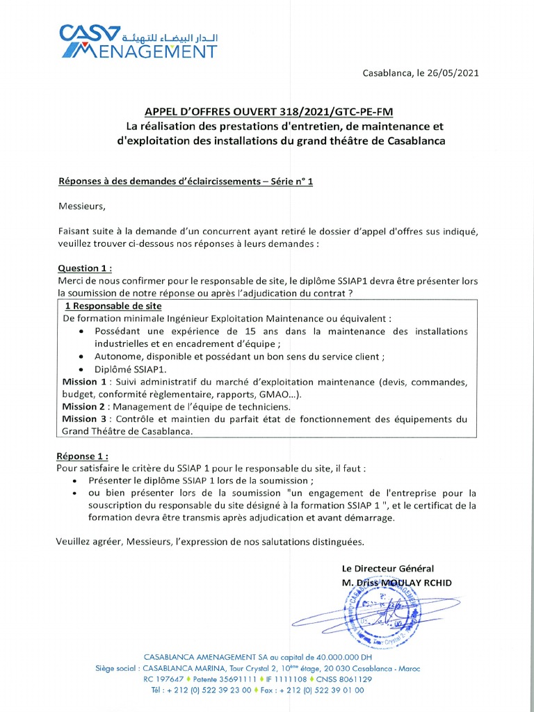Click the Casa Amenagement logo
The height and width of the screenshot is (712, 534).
[138, 41]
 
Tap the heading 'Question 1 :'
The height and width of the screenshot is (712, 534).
[84, 268]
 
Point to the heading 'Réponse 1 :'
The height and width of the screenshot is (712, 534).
[83, 456]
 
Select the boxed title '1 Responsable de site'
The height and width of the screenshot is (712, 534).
[113, 306]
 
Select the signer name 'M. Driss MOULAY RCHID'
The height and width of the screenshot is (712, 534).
[396, 582]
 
